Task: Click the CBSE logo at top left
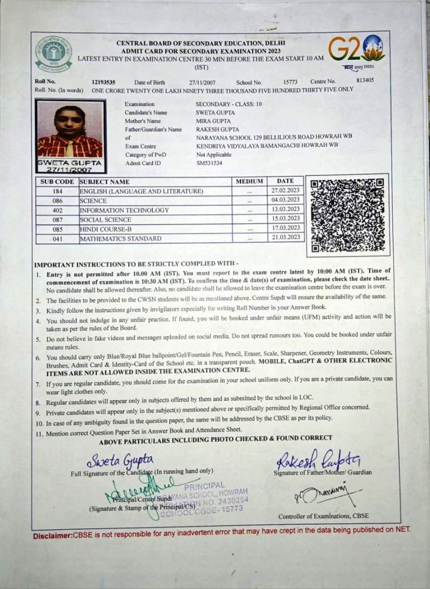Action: (x=54, y=54)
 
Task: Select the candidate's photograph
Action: (x=70, y=132)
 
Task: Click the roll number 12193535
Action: (x=103, y=82)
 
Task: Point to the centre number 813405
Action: (x=365, y=80)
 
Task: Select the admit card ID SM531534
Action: (x=209, y=163)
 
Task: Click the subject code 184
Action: (x=57, y=192)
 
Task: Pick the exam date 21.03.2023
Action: (x=285, y=238)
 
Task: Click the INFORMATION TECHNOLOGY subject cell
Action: (x=124, y=210)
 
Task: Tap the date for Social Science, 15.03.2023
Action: (x=285, y=219)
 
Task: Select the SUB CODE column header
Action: (x=57, y=182)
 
